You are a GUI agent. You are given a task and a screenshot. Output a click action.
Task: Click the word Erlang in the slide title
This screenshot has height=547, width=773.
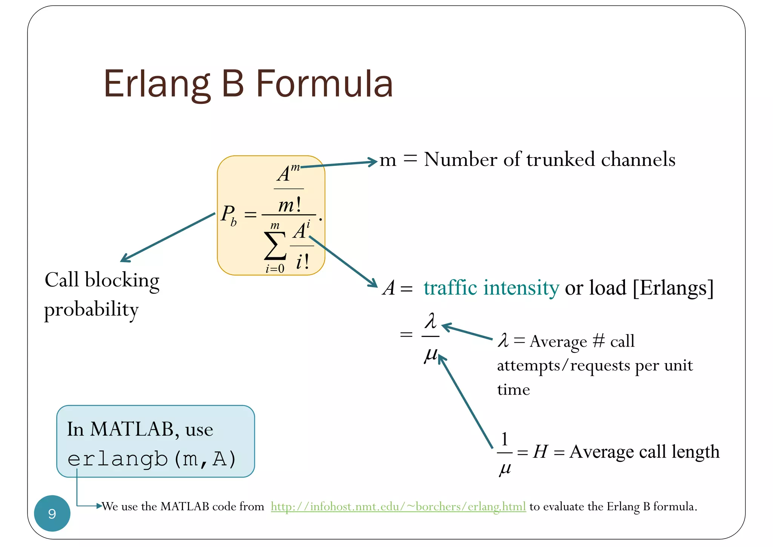[x=157, y=84]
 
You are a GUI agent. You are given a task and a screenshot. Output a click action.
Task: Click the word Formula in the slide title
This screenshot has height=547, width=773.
[x=325, y=83]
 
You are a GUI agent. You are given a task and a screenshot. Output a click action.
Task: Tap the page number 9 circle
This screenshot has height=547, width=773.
[x=52, y=513]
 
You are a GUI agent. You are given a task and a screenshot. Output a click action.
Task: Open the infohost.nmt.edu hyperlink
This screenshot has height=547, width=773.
[x=398, y=506]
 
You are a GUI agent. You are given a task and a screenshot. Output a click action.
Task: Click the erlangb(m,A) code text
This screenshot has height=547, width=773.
[x=152, y=459]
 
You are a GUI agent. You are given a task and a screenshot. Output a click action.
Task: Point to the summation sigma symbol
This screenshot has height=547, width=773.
[x=275, y=246]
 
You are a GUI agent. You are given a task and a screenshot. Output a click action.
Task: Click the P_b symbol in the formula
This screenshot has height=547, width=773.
[x=229, y=215]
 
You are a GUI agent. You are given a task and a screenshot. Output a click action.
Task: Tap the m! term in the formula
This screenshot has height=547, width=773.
[x=289, y=205]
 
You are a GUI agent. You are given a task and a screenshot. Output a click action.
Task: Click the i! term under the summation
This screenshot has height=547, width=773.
[x=303, y=261]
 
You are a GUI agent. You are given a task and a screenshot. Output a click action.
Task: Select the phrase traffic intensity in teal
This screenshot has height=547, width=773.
[x=491, y=288]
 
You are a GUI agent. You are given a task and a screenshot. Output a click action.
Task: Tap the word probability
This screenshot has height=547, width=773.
[x=91, y=310]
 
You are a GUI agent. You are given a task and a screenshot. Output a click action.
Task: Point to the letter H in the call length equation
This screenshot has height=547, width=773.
[x=540, y=451]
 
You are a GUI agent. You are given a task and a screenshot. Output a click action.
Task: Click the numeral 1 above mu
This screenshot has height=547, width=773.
[x=505, y=439]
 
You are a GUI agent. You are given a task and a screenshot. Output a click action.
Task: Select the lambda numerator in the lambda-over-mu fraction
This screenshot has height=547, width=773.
[x=430, y=321]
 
